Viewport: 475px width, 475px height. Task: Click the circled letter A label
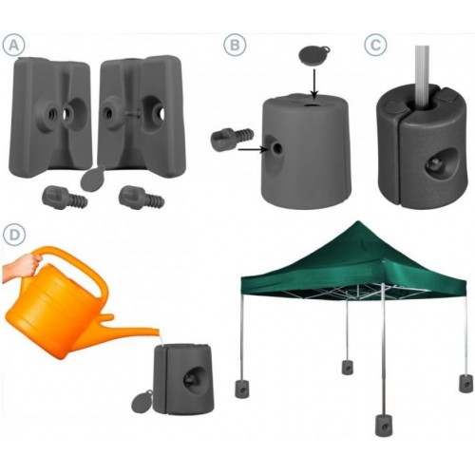coord(13,46)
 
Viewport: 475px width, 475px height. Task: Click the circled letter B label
coord(235,46)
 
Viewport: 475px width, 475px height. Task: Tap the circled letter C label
coord(375,46)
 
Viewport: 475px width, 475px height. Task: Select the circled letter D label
coord(13,235)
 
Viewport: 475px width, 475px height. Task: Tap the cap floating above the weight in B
coord(314,55)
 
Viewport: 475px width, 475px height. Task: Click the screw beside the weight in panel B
coord(232,139)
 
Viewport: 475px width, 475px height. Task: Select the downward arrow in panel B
coord(313,84)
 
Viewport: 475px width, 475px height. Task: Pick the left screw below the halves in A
coord(65,198)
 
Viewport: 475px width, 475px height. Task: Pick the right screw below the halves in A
coord(142,198)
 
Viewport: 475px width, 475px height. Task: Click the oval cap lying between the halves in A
coord(92,178)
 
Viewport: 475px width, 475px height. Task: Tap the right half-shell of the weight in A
coord(141,117)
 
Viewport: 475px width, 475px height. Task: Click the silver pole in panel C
coord(424,78)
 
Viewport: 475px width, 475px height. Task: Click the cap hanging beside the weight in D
coord(142,402)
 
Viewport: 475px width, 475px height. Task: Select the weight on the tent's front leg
coord(384,426)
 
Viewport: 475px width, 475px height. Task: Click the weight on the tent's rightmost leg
coord(465,384)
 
